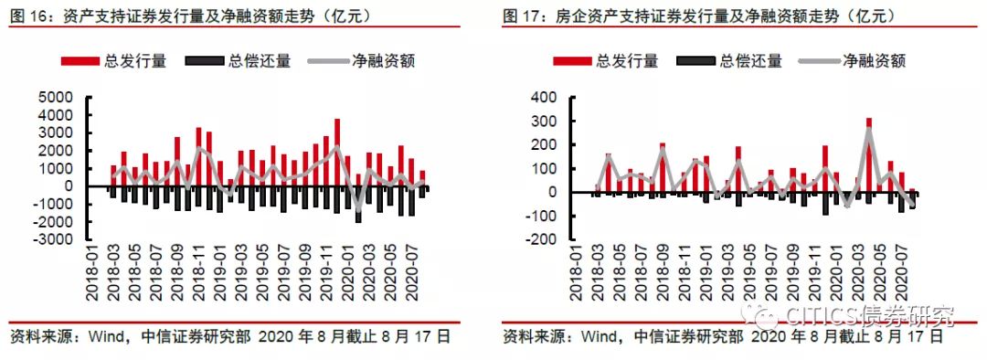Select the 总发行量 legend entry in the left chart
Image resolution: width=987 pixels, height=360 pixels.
(x=114, y=61)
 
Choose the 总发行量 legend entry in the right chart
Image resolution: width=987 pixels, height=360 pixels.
(x=606, y=61)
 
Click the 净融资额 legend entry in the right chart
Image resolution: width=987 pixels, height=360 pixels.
(x=853, y=61)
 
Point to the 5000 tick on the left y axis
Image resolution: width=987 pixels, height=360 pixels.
(x=57, y=98)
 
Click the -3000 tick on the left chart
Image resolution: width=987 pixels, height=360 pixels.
(x=54, y=239)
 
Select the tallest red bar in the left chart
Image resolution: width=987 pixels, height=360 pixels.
(x=337, y=153)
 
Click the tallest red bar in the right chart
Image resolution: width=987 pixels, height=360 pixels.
(x=869, y=154)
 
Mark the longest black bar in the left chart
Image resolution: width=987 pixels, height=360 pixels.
(x=358, y=205)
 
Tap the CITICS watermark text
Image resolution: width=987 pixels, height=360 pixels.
(x=869, y=314)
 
